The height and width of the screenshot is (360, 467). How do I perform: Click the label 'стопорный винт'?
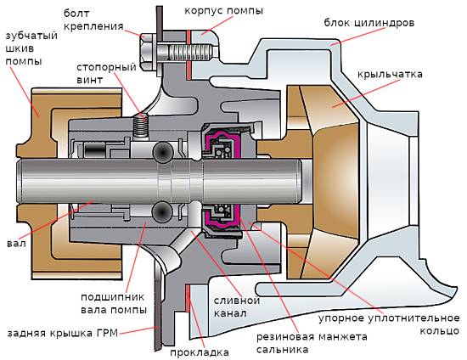point(102,74)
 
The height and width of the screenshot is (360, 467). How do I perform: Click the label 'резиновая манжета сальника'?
point(311,343)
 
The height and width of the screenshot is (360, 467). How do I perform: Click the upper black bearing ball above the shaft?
point(161,153)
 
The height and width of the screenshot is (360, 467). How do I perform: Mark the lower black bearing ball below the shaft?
point(161,210)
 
